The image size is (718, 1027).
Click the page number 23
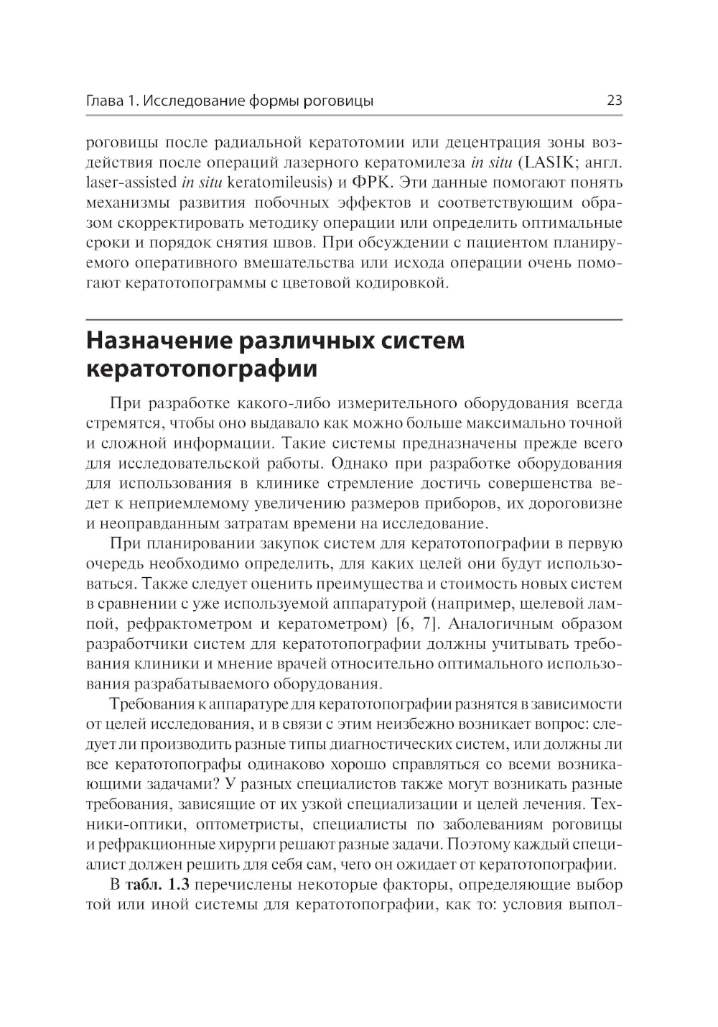(x=614, y=101)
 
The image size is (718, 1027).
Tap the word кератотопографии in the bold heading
(x=202, y=369)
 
